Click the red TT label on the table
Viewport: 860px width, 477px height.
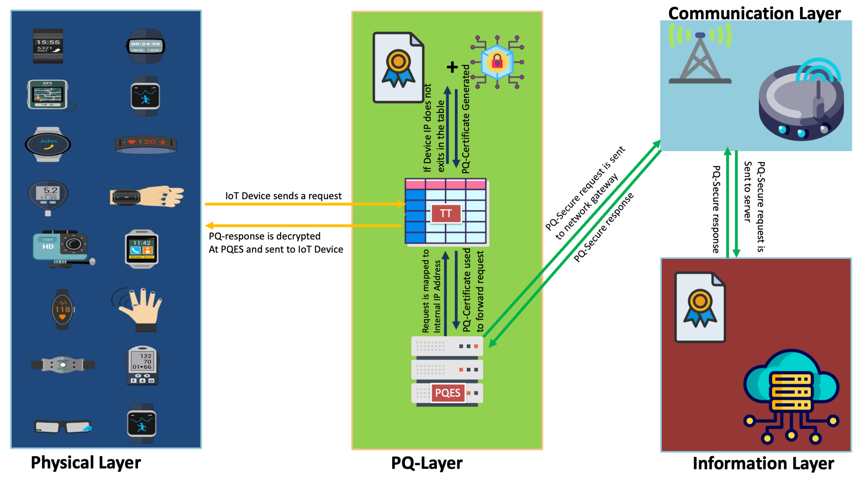coord(446,213)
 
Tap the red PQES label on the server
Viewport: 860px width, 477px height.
coord(447,393)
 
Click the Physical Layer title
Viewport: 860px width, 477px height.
coord(86,463)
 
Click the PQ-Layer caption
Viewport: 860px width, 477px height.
coord(427,463)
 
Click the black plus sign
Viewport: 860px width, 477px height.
coord(452,67)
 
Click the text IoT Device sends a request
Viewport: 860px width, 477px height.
coord(283,196)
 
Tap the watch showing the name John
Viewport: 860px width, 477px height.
coord(48,144)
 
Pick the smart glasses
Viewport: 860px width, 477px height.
coord(63,426)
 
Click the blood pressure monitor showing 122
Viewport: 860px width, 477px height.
coord(143,365)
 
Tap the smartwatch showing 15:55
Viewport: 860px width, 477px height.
coord(48,46)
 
